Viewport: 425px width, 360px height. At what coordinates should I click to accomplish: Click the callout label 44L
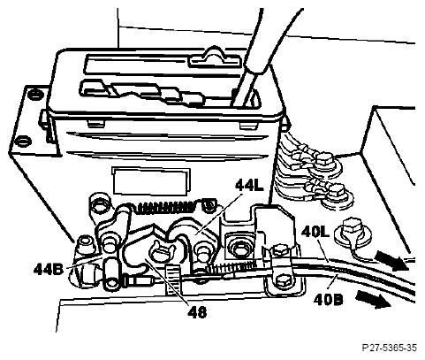(x=249, y=185)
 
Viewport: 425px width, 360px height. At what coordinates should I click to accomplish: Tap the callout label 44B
(x=49, y=269)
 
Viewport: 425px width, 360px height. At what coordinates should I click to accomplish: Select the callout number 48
(x=197, y=311)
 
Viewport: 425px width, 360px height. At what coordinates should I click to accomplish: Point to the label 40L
(x=315, y=233)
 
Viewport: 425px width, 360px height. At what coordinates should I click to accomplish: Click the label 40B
(x=328, y=300)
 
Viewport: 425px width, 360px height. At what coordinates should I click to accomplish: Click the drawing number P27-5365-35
(x=389, y=348)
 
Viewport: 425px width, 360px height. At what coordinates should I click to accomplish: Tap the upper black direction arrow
(x=392, y=260)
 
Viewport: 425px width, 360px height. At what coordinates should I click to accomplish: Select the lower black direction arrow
(x=374, y=299)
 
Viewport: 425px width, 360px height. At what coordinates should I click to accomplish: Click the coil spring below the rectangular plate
(x=166, y=207)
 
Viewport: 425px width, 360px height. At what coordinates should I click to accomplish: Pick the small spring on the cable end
(x=228, y=267)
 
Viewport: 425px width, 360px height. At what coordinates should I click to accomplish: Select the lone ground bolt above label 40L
(x=352, y=229)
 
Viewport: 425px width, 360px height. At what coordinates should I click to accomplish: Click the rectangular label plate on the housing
(x=151, y=181)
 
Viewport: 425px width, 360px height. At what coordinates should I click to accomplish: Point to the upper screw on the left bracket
(x=34, y=94)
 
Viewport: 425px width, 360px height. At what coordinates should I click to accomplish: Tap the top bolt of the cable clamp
(x=278, y=251)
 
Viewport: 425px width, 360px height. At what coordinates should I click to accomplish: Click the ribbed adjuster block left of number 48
(x=172, y=280)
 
